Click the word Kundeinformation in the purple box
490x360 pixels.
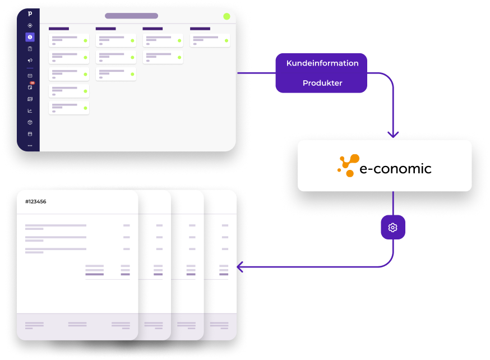[x=322, y=63]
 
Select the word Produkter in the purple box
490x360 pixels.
[x=322, y=83]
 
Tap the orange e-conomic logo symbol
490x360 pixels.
[x=348, y=165]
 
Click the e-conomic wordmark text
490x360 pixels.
[x=395, y=169]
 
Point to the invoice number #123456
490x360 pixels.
[x=36, y=201]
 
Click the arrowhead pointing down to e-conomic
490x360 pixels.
[x=393, y=134]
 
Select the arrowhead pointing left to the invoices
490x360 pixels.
[x=240, y=267]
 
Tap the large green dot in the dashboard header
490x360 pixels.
[x=227, y=17]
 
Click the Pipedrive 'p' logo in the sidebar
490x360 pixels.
[x=30, y=13]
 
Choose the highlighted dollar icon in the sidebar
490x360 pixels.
[x=30, y=37]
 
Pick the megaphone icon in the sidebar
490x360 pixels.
[x=30, y=61]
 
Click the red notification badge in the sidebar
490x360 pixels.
[x=32, y=83]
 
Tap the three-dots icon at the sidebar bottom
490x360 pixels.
[x=30, y=146]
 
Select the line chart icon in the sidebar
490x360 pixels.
[x=30, y=110]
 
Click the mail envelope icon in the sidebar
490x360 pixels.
[x=30, y=76]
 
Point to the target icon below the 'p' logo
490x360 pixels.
[x=30, y=26]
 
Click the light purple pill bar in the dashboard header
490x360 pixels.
[x=132, y=16]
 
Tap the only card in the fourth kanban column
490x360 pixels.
[x=210, y=40]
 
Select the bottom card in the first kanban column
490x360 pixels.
[x=69, y=108]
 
